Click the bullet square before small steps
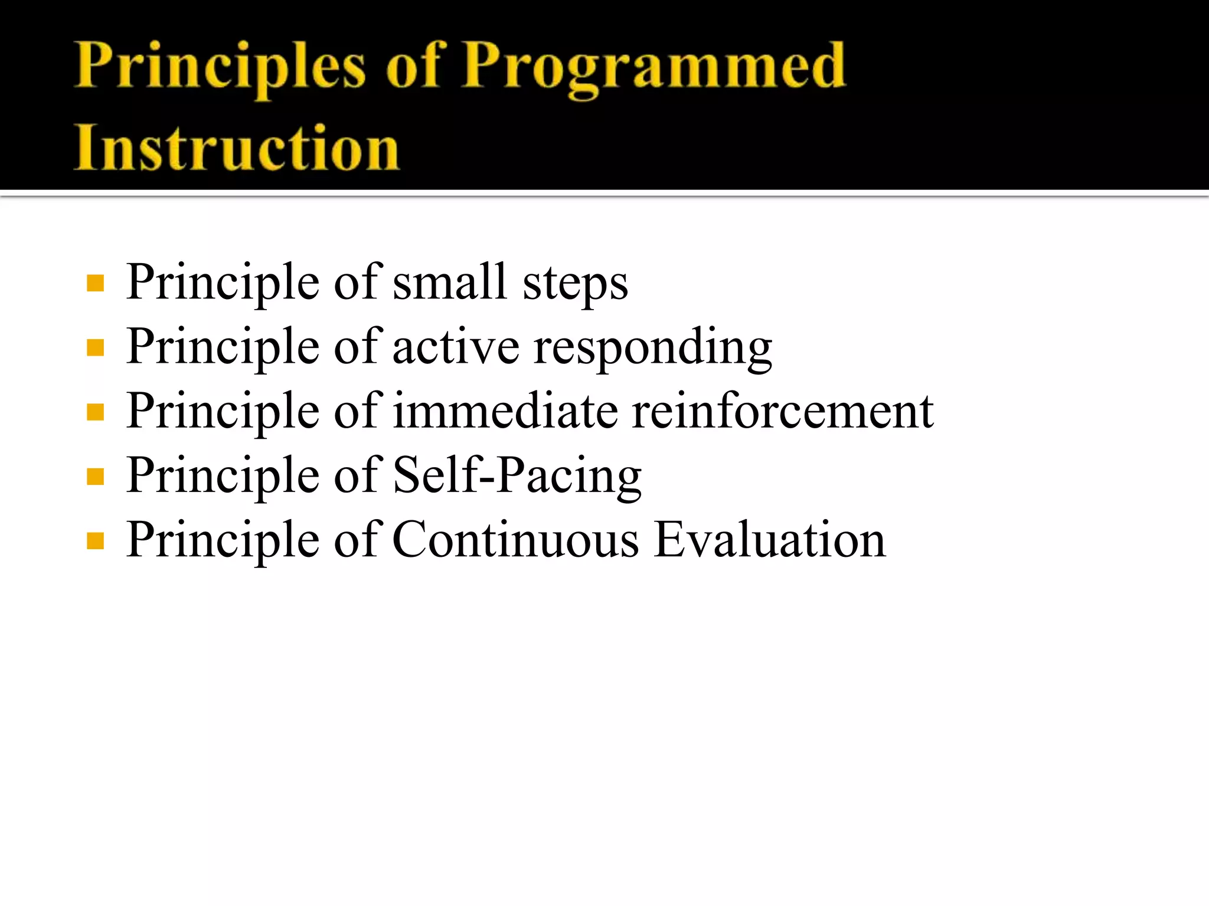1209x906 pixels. click(95, 283)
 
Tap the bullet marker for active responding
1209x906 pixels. click(95, 347)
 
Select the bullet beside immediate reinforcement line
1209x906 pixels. click(95, 412)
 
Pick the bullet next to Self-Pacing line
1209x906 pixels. click(95, 476)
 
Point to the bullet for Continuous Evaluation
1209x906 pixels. click(95, 540)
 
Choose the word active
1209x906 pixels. click(456, 347)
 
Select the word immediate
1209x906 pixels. click(505, 411)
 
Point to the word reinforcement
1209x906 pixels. click(783, 411)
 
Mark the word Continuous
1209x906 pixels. click(515, 540)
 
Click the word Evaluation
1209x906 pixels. click(770, 540)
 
